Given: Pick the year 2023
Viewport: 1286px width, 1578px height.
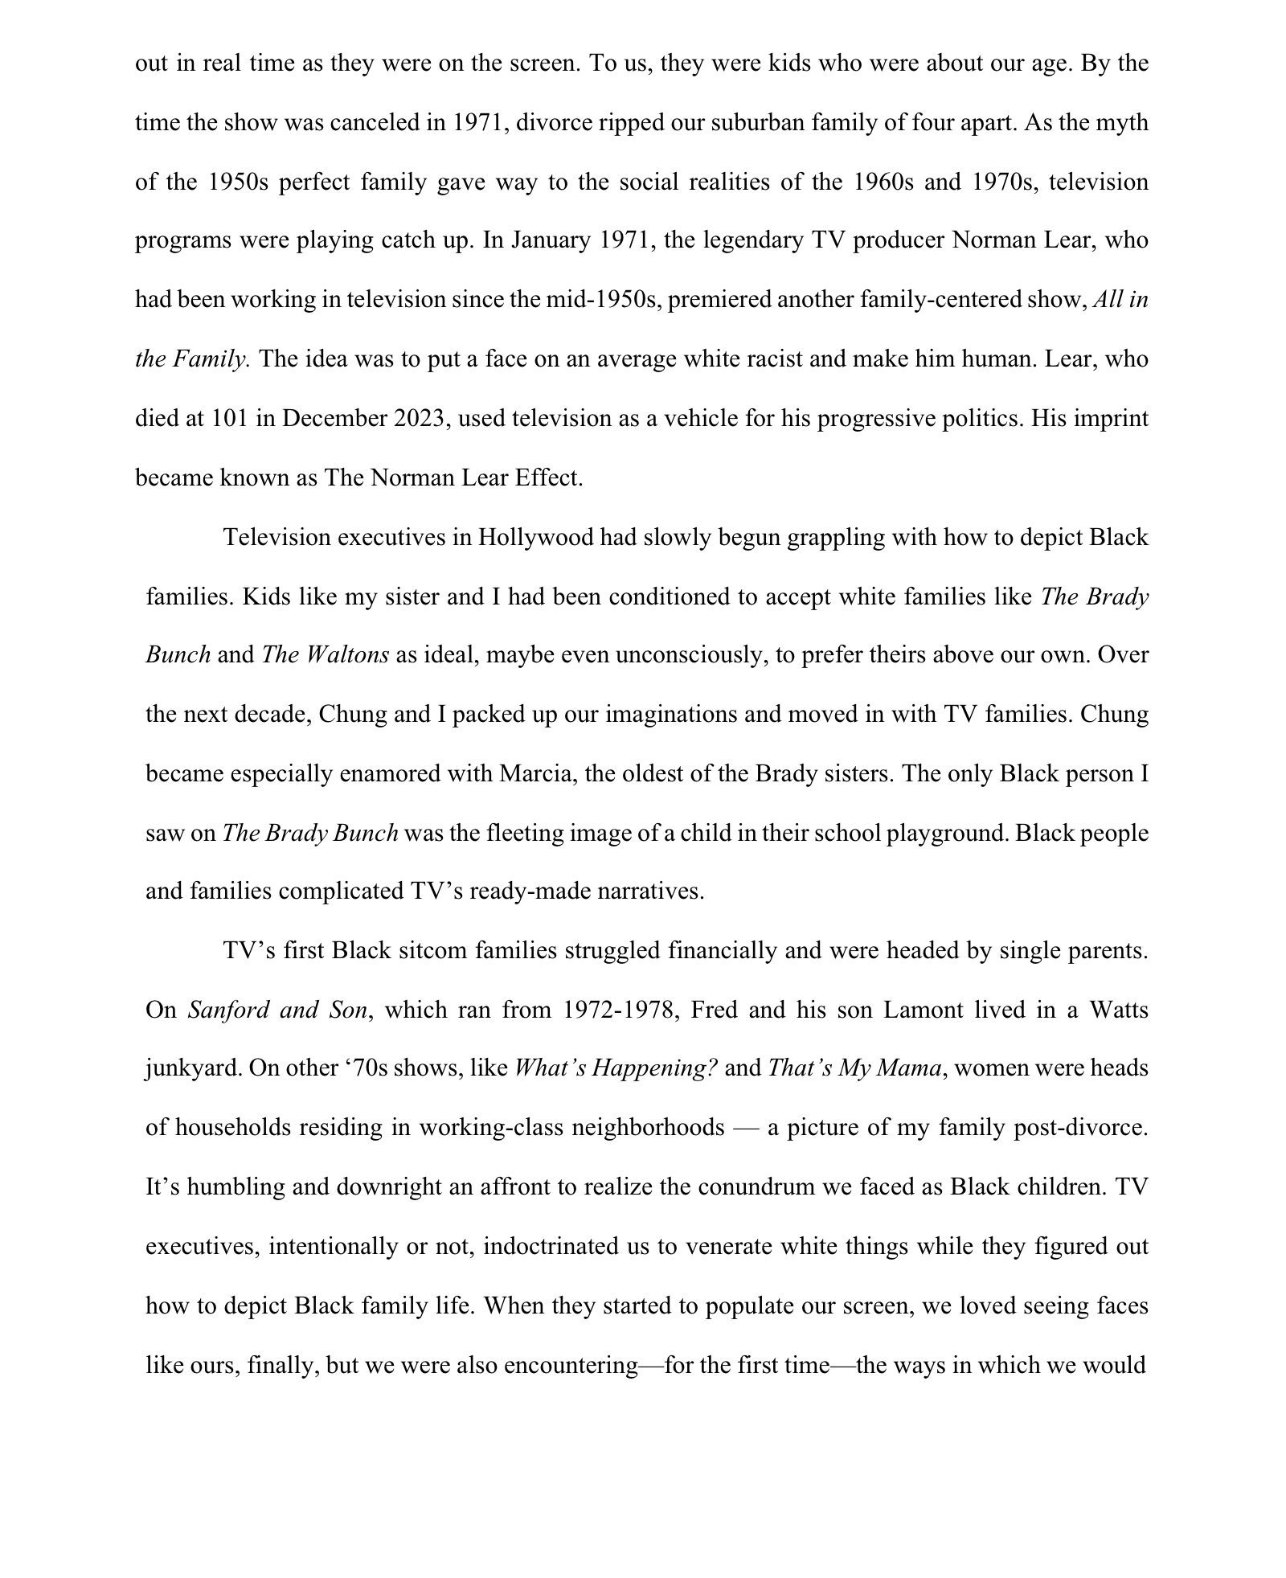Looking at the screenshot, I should point(419,418).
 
